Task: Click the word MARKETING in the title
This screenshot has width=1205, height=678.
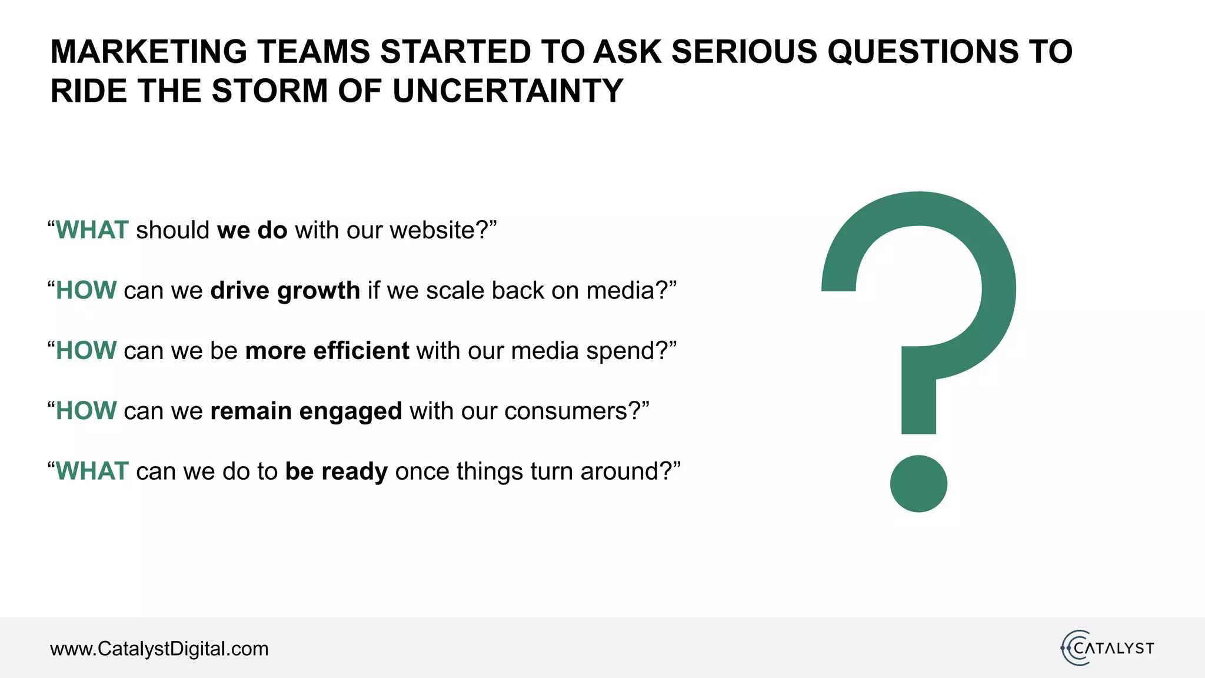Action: click(x=149, y=52)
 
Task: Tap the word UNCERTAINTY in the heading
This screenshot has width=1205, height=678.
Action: click(x=507, y=91)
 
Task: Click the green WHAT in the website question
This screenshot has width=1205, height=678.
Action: click(x=92, y=230)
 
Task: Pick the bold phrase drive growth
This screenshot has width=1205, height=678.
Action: click(x=285, y=291)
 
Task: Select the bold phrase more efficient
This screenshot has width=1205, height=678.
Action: click(x=327, y=351)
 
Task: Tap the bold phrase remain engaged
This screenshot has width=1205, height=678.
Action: click(x=306, y=411)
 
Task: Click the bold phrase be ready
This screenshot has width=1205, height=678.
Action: click(x=336, y=471)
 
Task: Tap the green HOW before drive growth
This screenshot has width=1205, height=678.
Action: click(x=86, y=291)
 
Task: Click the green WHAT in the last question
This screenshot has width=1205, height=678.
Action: click(x=92, y=471)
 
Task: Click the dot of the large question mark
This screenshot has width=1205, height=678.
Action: click(x=918, y=483)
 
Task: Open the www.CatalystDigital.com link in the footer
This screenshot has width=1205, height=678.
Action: click(x=159, y=649)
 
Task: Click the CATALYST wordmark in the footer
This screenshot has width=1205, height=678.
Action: click(x=1113, y=649)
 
